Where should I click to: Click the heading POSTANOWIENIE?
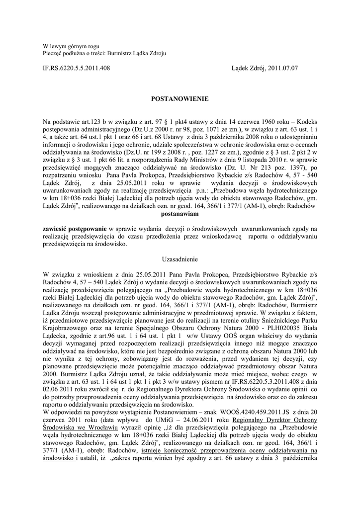pyautogui.click(x=180, y=99)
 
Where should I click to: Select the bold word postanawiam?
pyautogui.click(x=180, y=214)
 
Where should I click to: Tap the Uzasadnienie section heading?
pyautogui.click(x=180, y=259)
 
